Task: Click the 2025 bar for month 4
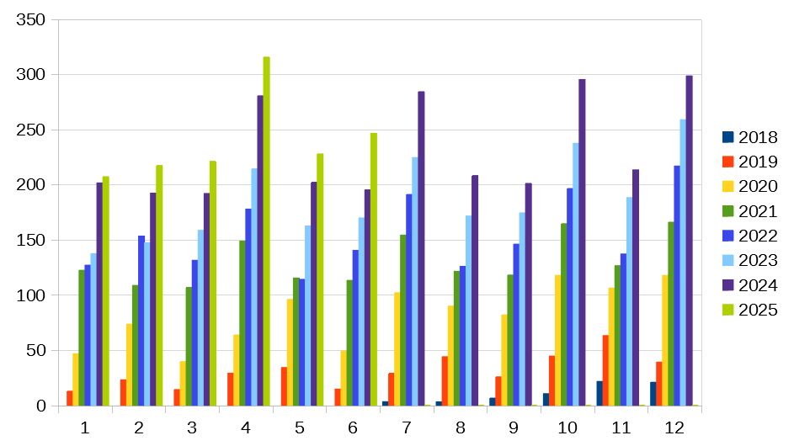[266, 231]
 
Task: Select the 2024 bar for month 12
[689, 241]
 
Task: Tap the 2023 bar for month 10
[576, 274]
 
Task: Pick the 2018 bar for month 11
[599, 394]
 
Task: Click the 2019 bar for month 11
[605, 370]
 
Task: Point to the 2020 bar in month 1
[76, 380]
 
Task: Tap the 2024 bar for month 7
[421, 248]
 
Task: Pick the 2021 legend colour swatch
[727, 211]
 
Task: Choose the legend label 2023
[757, 261]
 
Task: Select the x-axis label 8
[460, 427]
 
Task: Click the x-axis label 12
[674, 427]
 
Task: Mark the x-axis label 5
[299, 427]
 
